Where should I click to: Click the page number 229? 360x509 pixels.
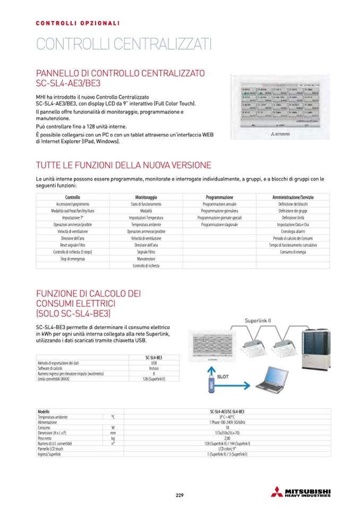tap(179, 495)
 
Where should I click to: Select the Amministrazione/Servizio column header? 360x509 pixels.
tap(293, 197)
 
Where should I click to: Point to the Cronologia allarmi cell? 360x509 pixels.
tap(293, 231)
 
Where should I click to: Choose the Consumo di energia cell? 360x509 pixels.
tap(293, 252)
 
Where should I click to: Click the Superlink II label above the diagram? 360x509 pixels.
tap(258, 321)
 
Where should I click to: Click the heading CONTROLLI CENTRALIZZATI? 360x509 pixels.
tap(124, 43)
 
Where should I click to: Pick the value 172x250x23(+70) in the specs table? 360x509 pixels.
tap(227, 433)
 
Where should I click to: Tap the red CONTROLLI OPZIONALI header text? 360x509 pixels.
tap(78, 23)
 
